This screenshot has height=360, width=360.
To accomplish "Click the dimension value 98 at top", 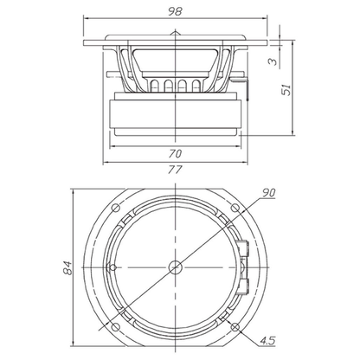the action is (175, 11).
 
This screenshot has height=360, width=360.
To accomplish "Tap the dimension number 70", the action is (175, 154).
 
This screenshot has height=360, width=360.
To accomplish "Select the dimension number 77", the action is (175, 170).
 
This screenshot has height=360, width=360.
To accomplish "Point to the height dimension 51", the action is (286, 90).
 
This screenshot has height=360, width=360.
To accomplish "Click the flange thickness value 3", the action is (273, 61).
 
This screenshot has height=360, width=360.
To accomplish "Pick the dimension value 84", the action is (68, 268).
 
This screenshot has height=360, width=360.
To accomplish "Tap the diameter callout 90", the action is (268, 193).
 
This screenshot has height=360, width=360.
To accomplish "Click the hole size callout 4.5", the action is (268, 341).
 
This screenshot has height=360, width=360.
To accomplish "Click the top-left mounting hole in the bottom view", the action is (116, 208).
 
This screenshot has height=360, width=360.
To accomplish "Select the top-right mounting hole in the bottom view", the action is (235, 208).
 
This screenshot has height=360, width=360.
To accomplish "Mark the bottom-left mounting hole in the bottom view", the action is (116, 327).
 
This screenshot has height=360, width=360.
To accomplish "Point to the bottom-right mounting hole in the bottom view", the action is (235, 327).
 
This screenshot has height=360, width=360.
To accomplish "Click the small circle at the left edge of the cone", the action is (112, 267).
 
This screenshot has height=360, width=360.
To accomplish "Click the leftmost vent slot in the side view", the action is (154, 86).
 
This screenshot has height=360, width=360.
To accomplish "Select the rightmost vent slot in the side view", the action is (196, 86).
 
